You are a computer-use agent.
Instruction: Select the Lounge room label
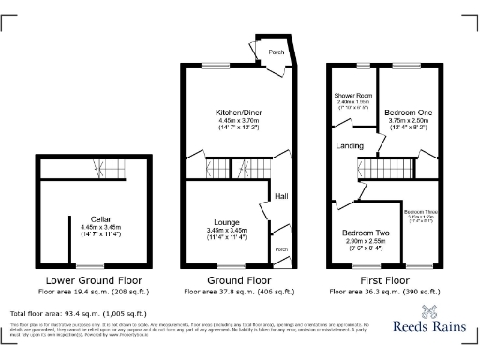pos(226,221)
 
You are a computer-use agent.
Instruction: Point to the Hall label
pos(281,195)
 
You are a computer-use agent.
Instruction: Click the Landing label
pos(352,146)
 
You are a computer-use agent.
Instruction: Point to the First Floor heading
pos(385,280)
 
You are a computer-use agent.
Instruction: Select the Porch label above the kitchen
pos(277,52)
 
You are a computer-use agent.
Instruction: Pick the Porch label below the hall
pos(281,250)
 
